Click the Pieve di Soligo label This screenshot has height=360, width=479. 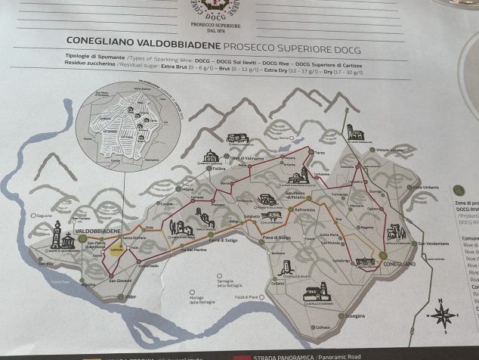(x=277, y=237)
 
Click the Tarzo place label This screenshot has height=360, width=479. (x=320, y=153)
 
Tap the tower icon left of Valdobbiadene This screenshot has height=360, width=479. (x=56, y=234)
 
